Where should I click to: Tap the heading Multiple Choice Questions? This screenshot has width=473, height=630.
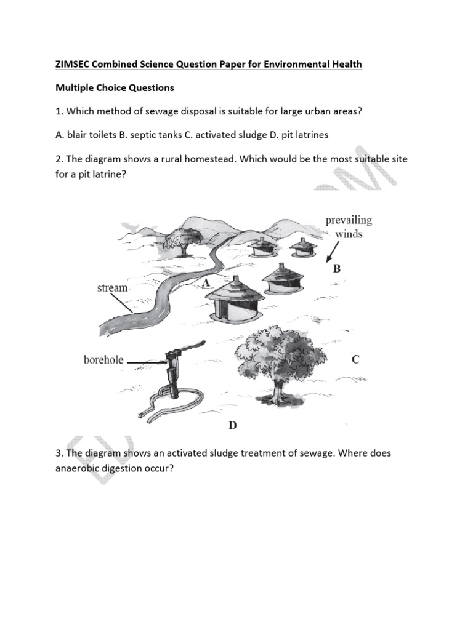115,88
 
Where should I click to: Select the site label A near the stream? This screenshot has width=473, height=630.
206,281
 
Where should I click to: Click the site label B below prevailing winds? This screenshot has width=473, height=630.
337,269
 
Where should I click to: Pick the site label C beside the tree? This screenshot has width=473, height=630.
355,360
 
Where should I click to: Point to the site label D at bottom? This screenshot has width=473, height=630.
233,426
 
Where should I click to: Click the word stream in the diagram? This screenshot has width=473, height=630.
112,288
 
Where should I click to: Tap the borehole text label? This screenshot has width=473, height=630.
103,361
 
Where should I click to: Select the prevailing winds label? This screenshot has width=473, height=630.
349,227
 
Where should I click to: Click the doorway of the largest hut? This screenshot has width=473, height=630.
229,311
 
